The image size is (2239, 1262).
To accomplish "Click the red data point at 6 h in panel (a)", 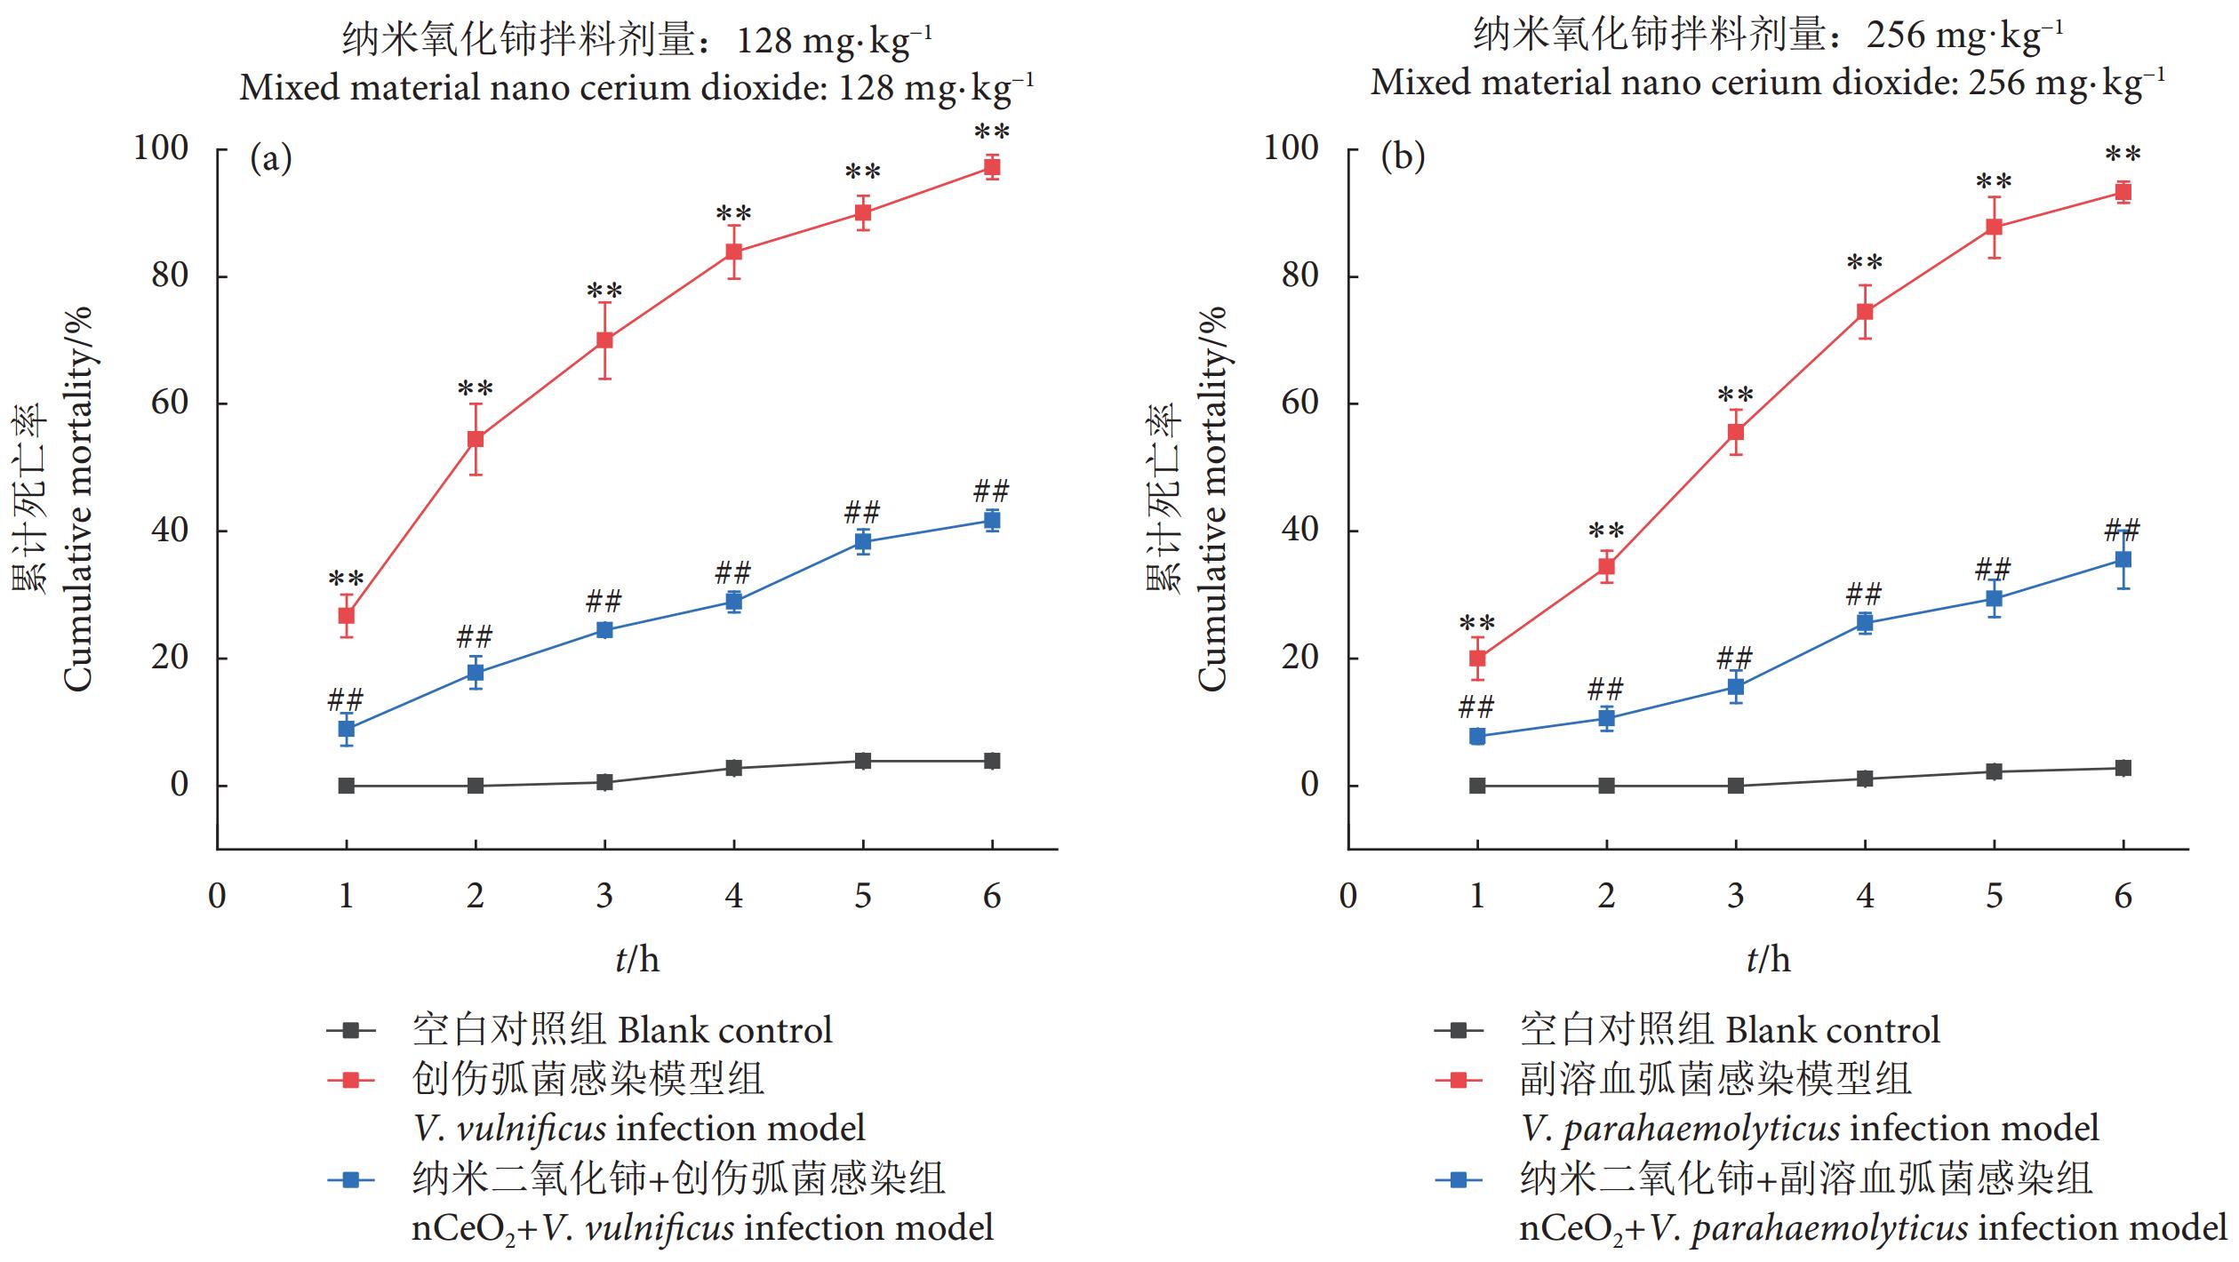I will pos(991,167).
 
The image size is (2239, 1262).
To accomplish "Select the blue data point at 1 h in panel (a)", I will pos(347,729).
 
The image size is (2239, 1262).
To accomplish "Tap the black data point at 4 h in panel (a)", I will pos(733,768).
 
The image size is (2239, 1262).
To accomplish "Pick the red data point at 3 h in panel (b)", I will pos(1735,433).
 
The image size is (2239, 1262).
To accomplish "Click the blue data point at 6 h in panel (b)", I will pos(2123,560).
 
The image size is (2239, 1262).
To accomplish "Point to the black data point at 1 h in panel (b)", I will pos(1477,786).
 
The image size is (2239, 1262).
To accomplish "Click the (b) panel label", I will pos(1403,156).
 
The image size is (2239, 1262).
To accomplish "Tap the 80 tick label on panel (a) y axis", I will pos(170,276).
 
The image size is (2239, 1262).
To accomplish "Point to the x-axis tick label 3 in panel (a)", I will pos(604,896).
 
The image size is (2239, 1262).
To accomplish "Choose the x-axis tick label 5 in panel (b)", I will pos(1994,896).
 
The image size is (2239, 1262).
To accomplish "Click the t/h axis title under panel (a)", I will pos(637,960).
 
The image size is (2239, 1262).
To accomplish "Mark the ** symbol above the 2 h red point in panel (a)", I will pos(476,388).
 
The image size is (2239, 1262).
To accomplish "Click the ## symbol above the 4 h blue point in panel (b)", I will pos(1864,594).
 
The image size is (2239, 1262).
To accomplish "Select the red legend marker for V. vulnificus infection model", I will pos(351,1081).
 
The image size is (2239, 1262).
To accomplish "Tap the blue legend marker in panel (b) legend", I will pos(1459,1180).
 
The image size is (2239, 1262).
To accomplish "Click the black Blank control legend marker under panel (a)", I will pos(351,1031).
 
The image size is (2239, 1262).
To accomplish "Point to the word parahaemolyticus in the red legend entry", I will pos(1701,1129).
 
